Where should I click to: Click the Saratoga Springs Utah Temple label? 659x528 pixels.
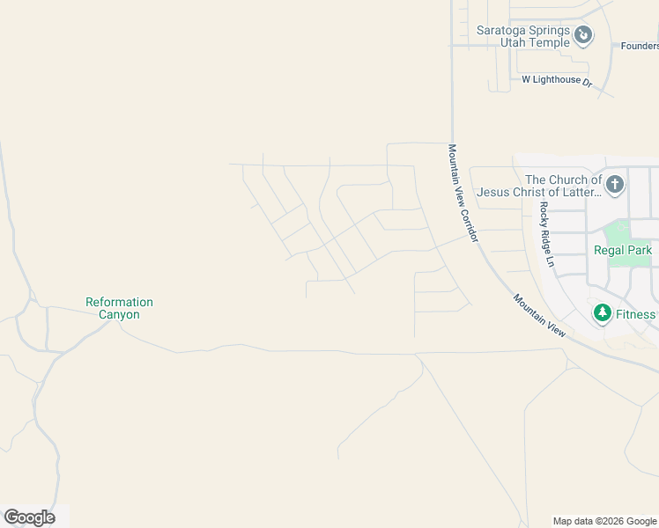[x=523, y=35]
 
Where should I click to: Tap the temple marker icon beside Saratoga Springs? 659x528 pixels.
[x=582, y=35]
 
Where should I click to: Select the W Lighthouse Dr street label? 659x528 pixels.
[x=557, y=79]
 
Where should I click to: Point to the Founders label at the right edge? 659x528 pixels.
[x=640, y=46]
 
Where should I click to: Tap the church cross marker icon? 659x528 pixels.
[x=615, y=185]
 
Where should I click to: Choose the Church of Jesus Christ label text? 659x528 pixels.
[x=539, y=186]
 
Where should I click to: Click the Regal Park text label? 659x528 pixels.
[x=623, y=250]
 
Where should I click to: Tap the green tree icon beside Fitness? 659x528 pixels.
[x=603, y=313]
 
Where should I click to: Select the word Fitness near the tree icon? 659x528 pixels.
[x=635, y=314]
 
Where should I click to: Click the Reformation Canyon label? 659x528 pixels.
[x=119, y=308]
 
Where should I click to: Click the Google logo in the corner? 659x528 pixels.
[x=29, y=517]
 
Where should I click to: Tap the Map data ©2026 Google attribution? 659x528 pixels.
[x=604, y=521]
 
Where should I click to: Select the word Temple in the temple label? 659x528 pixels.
[x=550, y=41]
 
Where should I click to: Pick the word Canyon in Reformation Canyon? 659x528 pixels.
[x=119, y=314]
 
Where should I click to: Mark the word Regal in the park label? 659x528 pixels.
[x=609, y=250]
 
